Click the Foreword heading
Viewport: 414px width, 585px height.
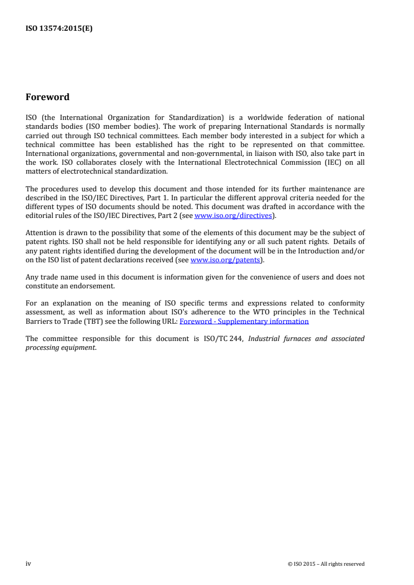48,97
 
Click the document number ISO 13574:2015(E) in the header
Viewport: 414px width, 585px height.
59,29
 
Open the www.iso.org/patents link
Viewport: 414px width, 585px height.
225,260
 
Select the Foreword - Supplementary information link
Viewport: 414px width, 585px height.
244,321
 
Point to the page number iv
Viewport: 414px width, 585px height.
28,564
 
